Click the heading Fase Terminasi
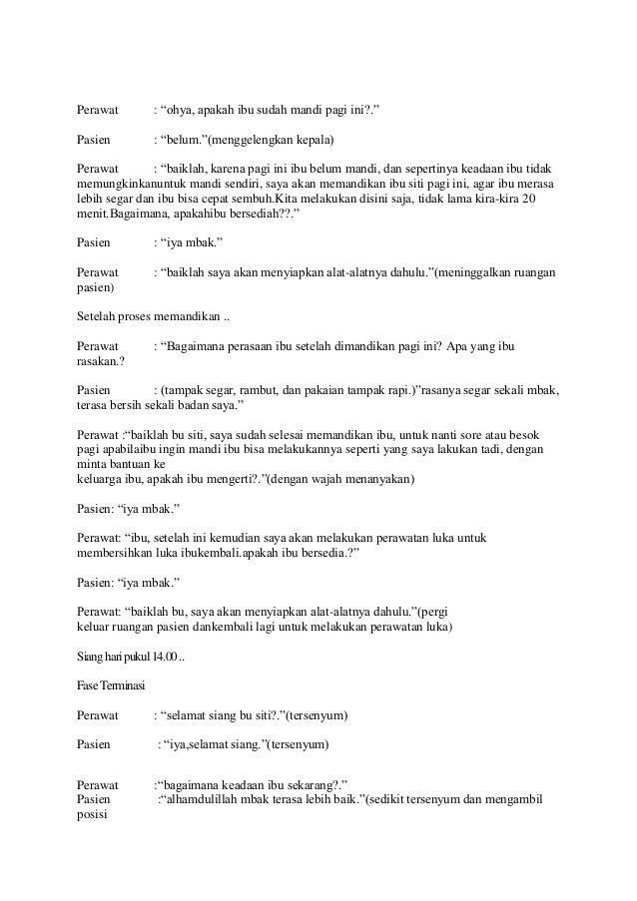point(111,687)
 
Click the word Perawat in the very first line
point(99,108)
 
